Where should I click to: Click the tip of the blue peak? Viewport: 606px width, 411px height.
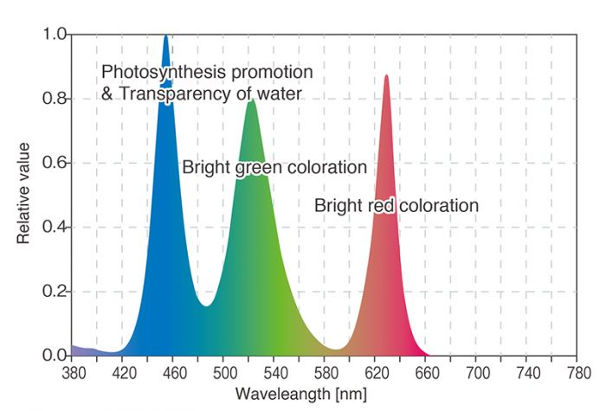(x=165, y=36)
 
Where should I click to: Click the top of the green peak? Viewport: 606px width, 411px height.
(x=252, y=100)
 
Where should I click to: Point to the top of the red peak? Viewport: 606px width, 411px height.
(x=386, y=76)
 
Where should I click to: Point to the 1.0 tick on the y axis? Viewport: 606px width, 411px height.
(x=54, y=35)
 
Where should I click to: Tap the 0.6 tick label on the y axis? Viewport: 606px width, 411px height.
(x=54, y=163)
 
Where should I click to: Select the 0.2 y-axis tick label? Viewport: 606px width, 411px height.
(x=54, y=292)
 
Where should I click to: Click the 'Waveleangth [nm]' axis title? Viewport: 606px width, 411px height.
(x=304, y=395)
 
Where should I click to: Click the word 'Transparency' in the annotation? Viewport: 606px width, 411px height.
(x=164, y=93)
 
